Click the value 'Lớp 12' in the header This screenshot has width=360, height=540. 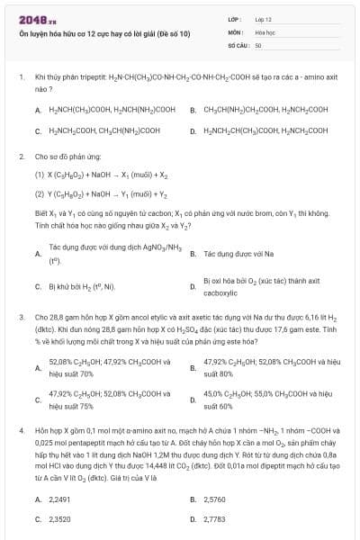click(x=263, y=19)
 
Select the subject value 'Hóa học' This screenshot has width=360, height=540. click(x=265, y=31)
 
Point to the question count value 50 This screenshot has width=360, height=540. click(x=258, y=44)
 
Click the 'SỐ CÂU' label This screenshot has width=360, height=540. click(x=238, y=44)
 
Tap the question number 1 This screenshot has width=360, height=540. click(x=22, y=78)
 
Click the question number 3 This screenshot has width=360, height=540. click(x=22, y=318)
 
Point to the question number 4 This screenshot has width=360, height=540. click(x=22, y=432)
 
